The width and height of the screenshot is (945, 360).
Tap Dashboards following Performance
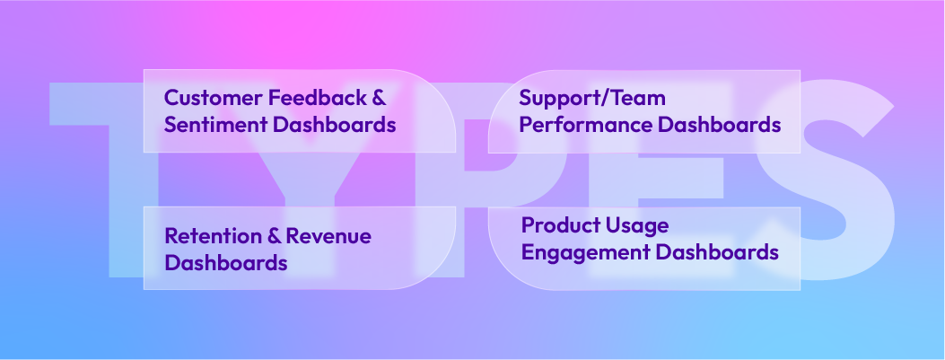[719, 125]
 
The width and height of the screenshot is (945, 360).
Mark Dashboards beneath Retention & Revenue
[226, 262]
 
